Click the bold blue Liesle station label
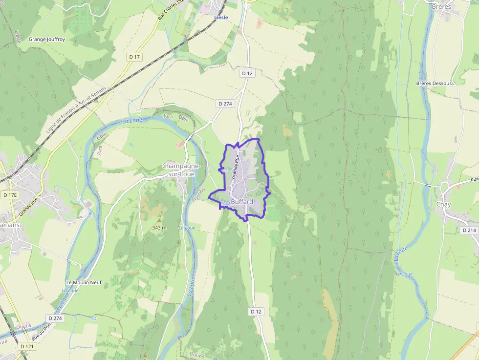coord(221,18)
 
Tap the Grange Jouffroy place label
coord(47,39)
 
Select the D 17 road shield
coord(135,57)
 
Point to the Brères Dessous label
coord(434,84)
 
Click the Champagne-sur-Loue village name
coord(178,170)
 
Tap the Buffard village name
coord(242,201)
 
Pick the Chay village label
coord(444,204)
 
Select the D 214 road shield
coord(468,230)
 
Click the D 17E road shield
coord(10,195)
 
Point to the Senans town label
coord(10,225)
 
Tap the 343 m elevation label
coord(159,228)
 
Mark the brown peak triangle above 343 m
coord(159,220)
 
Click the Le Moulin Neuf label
coord(84,282)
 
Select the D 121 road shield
coord(27,346)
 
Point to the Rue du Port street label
coord(42,333)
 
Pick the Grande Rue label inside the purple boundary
coord(237,166)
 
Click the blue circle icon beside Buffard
coord(227,203)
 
